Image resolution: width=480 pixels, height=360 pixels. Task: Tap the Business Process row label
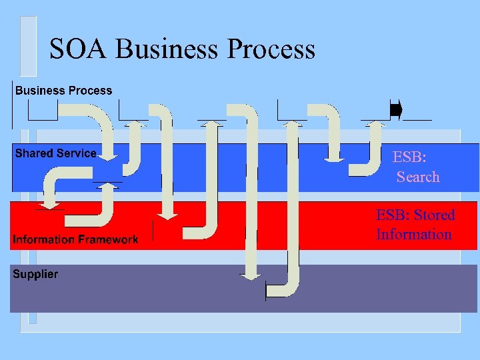coord(64,91)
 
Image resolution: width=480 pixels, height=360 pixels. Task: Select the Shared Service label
coord(55,153)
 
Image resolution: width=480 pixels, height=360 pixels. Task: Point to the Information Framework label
coord(75,239)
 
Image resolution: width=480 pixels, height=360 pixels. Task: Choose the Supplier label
coord(35,274)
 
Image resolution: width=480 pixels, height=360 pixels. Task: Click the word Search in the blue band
coord(418,177)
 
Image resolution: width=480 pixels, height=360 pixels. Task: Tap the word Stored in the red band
coord(434,215)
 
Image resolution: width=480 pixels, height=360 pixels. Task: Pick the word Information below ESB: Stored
coord(413,234)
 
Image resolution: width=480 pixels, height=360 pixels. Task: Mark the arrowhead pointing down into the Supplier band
coord(251,275)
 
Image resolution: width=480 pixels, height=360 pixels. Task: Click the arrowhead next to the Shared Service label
coord(109,157)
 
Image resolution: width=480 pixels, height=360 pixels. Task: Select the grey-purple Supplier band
coord(200,293)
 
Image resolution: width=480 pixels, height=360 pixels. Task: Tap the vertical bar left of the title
coord(28,47)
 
